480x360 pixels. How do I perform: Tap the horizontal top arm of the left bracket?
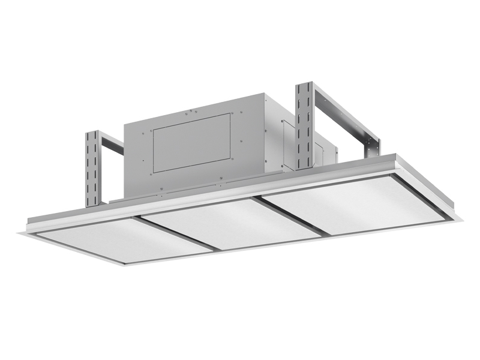[112, 143]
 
